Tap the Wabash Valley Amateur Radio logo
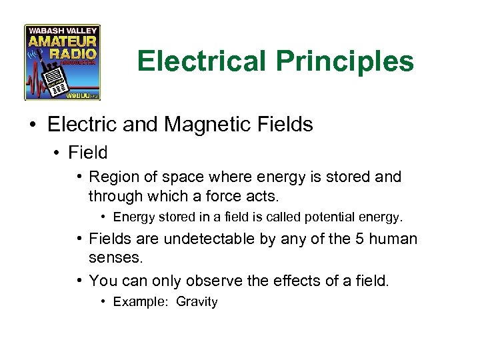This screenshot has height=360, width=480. (63, 63)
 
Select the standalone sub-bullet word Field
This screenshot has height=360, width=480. (88, 153)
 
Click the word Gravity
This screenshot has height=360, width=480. (197, 302)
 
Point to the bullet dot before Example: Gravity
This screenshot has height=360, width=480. (104, 302)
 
